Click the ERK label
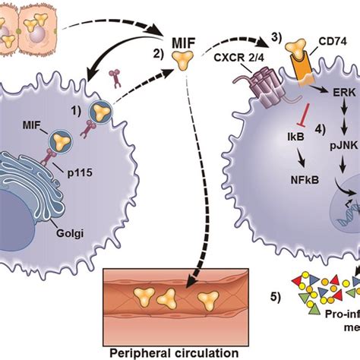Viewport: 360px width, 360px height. pyautogui.click(x=339, y=92)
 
